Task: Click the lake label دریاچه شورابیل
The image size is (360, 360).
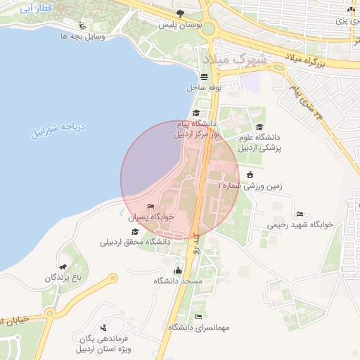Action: [56, 129]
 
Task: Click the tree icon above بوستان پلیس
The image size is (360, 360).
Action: [181, 13]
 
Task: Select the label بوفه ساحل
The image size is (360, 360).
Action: [204, 88]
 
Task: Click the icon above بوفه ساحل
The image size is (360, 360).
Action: [204, 77]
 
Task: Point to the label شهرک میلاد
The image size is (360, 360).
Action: [235, 59]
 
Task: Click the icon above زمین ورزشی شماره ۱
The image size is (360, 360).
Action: [250, 174]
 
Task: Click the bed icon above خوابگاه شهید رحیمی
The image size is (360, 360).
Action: [300, 214]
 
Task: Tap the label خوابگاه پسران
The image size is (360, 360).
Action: [150, 218]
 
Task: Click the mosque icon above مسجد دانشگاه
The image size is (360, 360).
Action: [178, 270]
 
